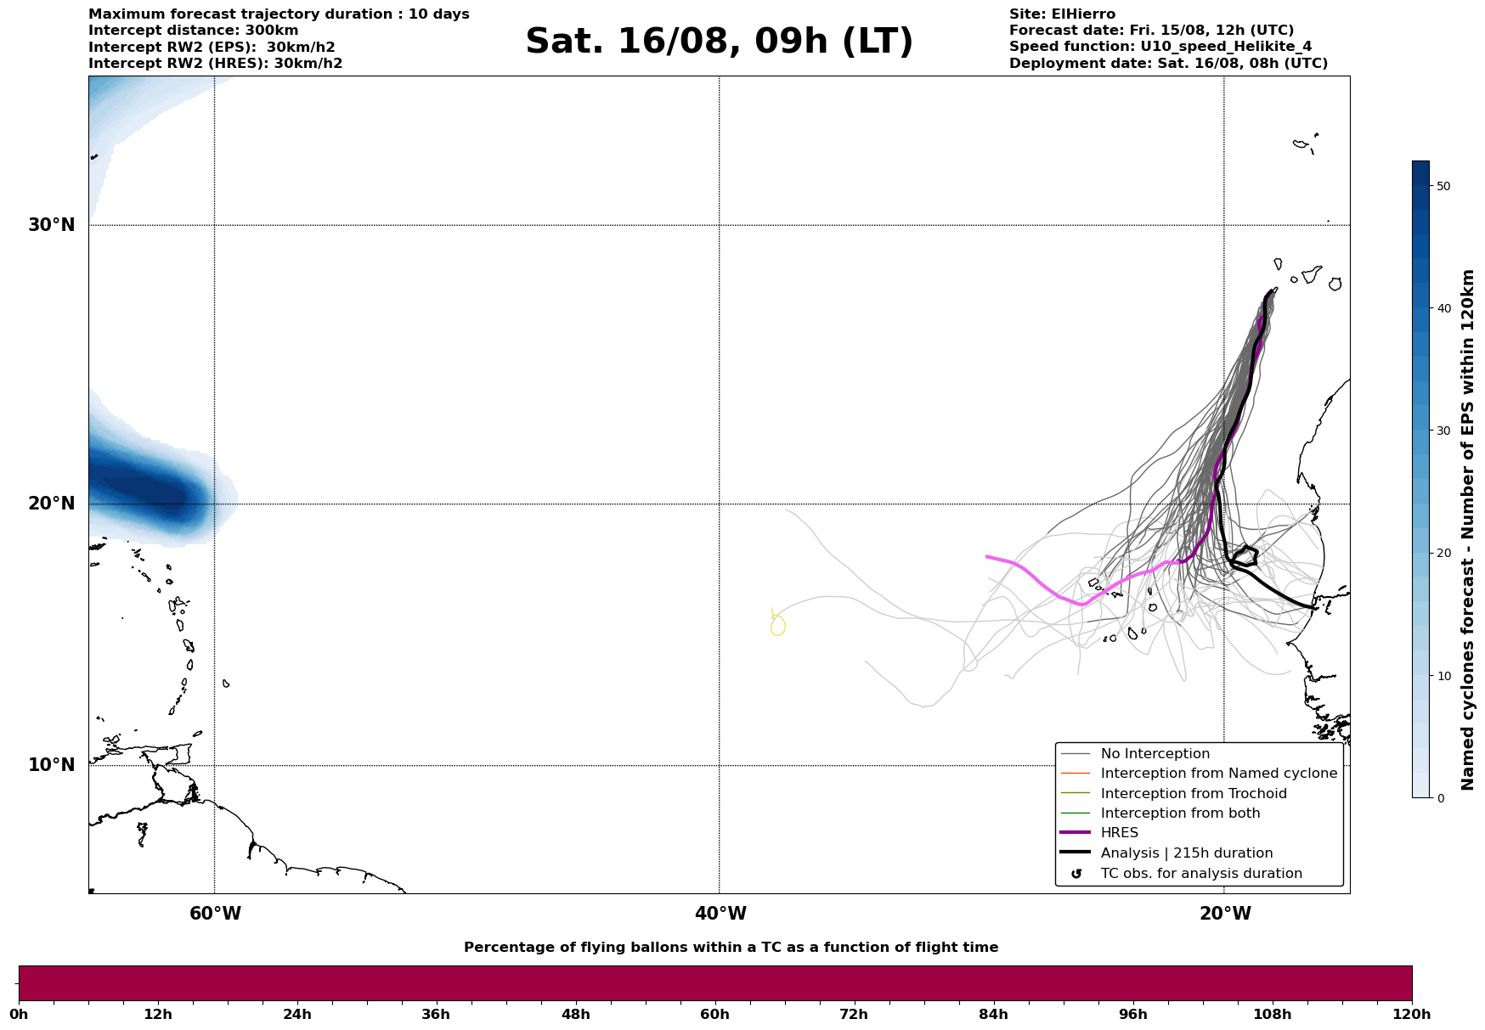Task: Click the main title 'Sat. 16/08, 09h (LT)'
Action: coord(719,42)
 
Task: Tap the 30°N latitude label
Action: coord(51,225)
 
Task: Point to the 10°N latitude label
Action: coord(51,765)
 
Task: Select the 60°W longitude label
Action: coord(215,914)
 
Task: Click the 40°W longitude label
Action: coord(720,914)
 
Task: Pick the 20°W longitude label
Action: coord(1225,914)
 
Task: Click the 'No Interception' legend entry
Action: coord(1155,754)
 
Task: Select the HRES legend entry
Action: coord(1119,833)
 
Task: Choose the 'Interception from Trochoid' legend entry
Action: coord(1193,794)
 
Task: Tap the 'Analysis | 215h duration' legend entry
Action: coord(1186,853)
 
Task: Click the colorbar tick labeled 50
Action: coord(1443,186)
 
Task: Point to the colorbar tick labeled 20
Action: coord(1443,554)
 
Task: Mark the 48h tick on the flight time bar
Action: coord(575,1014)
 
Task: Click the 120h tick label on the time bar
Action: coord(1412,1014)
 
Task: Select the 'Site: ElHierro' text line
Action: coord(1062,14)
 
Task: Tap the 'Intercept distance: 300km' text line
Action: coord(193,31)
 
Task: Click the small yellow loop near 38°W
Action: coord(777,626)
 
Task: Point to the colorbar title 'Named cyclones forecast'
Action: coord(1468,530)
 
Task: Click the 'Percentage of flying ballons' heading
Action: coord(731,948)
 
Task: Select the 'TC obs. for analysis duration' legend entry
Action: coord(1200,874)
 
